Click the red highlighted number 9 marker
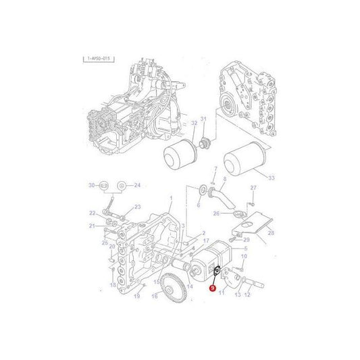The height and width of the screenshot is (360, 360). [213, 288]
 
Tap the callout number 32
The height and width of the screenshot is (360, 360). [195, 123]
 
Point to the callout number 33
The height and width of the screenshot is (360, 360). [271, 178]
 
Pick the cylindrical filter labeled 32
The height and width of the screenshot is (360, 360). [180, 153]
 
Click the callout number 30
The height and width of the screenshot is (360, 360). [91, 185]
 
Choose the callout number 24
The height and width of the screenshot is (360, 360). [136, 185]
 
